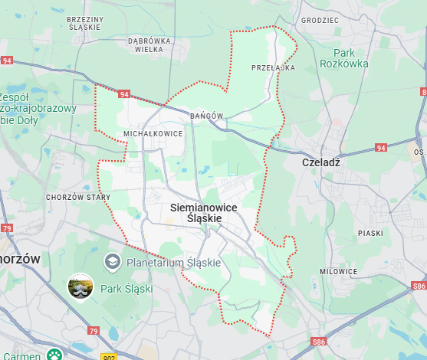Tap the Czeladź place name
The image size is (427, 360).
(x=320, y=162)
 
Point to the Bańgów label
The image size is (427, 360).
(x=207, y=116)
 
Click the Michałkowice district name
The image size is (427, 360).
(x=153, y=133)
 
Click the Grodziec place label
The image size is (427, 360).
(x=320, y=21)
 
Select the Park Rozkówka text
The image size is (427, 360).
(x=345, y=58)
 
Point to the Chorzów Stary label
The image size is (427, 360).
(x=78, y=198)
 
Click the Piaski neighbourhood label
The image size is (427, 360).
(x=370, y=232)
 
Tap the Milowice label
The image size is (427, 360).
(x=339, y=271)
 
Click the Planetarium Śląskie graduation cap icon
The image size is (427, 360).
(x=113, y=263)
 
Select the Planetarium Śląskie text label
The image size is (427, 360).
(x=173, y=263)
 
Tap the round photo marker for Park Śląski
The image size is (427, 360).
(x=80, y=287)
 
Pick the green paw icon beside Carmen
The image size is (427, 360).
(x=54, y=354)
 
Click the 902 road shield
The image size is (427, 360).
(x=107, y=356)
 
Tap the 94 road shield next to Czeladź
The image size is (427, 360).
(x=381, y=147)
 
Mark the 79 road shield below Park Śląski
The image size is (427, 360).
(x=94, y=331)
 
